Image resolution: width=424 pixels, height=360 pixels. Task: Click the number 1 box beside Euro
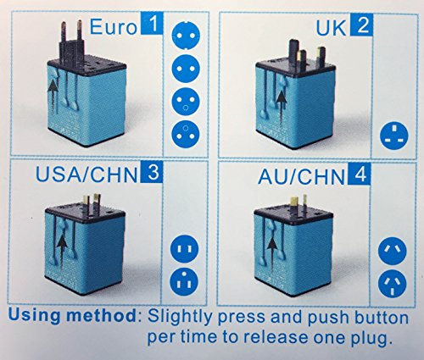pos(152,25)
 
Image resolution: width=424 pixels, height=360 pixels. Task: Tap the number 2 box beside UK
pos(362,25)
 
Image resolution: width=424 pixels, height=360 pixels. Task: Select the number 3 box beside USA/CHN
pos(151,172)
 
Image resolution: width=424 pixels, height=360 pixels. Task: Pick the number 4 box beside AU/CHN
pos(359,174)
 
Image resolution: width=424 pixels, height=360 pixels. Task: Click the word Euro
pos(114,27)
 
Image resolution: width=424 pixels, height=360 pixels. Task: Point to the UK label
pos(331,28)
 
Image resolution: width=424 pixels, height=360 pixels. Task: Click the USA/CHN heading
pos(86,174)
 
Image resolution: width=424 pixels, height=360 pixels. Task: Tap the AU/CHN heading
pos(301,177)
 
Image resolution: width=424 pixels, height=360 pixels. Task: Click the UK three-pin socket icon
pos(394,136)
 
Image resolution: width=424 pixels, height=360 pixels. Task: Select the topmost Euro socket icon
pos(186,36)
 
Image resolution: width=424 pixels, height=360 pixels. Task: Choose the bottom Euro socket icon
pos(186,134)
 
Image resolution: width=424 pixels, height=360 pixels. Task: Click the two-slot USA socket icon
pos(184,249)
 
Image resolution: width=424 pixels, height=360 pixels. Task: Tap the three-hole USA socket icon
pos(184,281)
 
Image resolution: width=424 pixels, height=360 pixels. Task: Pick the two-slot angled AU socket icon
pos(393,251)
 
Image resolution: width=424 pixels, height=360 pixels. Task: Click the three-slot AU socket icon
pos(392,284)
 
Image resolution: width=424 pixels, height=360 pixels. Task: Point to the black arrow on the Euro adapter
pos(53,97)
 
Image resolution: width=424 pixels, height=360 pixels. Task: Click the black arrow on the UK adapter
pos(281,109)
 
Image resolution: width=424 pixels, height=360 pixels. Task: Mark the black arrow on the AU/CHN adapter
pos(272,253)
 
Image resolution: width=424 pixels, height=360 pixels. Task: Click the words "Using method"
pos(72,316)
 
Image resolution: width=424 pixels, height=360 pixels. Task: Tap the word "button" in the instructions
pos(382,318)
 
